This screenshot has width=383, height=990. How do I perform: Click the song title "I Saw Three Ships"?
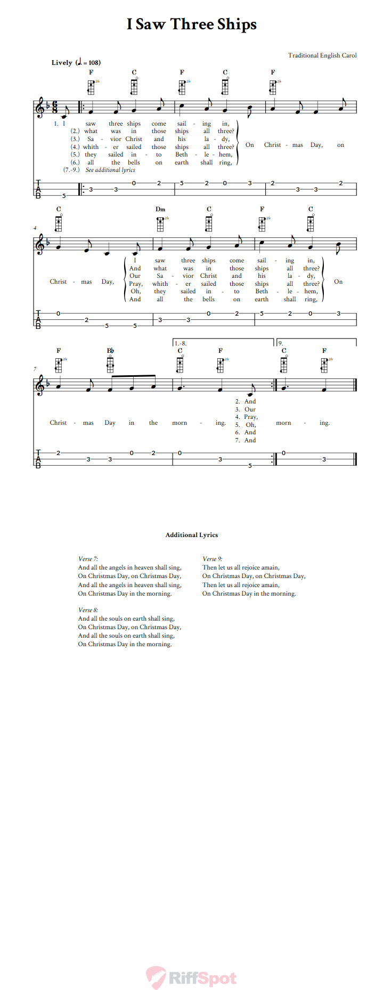[192, 24]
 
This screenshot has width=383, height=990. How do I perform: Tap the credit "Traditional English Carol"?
[322, 55]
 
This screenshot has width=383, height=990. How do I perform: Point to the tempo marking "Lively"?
[62, 63]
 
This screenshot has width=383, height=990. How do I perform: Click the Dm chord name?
[160, 209]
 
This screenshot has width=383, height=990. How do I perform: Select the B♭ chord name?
[110, 351]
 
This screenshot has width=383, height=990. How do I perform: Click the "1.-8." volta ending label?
[181, 344]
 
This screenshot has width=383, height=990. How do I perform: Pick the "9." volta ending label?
[281, 344]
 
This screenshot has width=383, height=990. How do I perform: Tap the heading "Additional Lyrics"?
[192, 535]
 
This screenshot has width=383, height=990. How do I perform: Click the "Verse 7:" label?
[88, 559]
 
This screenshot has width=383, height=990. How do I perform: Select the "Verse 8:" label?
[88, 610]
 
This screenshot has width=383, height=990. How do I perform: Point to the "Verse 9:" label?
[212, 559]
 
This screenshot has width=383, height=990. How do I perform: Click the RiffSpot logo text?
[202, 978]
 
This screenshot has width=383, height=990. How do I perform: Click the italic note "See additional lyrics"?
[110, 170]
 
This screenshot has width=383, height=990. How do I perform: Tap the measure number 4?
[35, 228]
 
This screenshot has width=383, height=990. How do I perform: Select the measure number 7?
[35, 369]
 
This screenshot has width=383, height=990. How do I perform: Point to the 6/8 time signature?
[55, 107]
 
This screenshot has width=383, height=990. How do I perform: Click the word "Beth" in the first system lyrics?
[182, 155]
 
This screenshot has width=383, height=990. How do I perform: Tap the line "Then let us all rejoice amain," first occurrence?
[241, 567]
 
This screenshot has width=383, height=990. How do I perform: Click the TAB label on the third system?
[38, 458]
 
